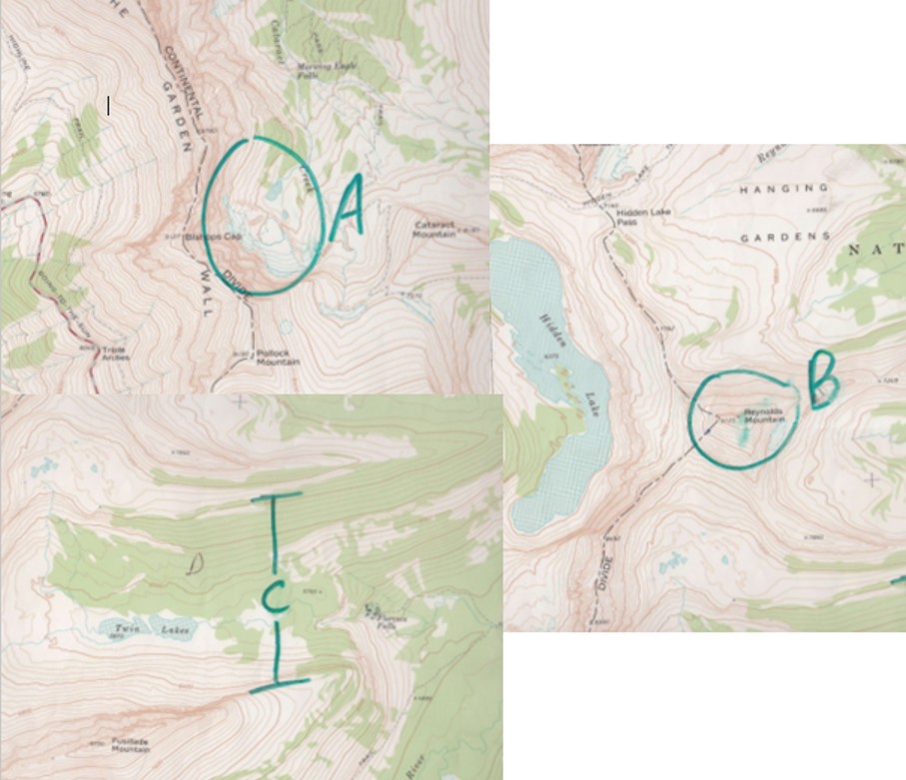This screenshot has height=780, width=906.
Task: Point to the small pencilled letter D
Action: tap(196, 564)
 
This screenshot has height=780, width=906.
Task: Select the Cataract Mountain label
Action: tap(435, 229)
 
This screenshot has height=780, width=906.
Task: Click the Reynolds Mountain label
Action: tap(763, 416)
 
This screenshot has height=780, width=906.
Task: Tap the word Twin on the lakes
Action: tap(124, 627)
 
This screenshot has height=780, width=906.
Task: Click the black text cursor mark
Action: tap(109, 105)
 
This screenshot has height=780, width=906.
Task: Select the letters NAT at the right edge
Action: tap(877, 249)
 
